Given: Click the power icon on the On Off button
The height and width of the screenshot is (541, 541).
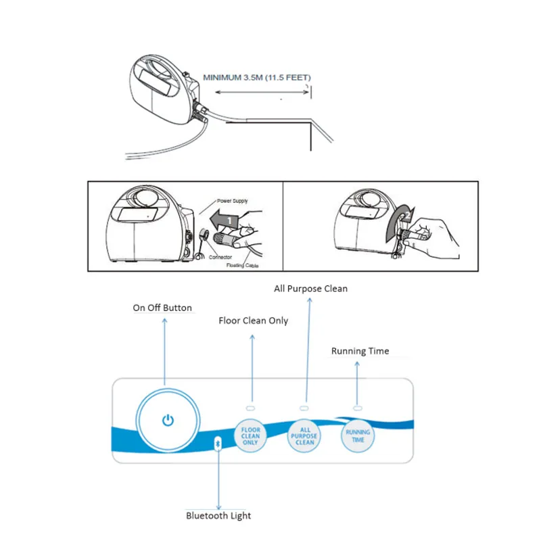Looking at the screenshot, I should (168, 421).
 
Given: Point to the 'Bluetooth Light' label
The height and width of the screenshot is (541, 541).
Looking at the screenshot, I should (218, 515).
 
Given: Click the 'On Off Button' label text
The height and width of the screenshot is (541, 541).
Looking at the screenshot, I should (162, 308).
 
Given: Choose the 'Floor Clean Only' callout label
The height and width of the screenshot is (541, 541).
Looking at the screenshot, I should (253, 320).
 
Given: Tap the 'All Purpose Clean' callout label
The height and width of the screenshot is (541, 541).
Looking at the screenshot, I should (310, 288).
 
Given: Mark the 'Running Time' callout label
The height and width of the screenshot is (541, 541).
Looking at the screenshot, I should (360, 351).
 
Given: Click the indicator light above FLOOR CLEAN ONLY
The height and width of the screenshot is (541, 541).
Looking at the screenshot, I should (250, 409).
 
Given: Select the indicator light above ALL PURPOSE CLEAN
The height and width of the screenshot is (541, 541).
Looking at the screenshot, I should (304, 408).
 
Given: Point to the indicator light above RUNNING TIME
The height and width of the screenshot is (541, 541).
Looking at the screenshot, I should (358, 408).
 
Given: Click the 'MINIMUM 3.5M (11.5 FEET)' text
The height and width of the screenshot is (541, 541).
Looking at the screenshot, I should (256, 78).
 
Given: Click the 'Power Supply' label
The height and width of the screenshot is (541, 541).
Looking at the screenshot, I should (233, 201).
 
